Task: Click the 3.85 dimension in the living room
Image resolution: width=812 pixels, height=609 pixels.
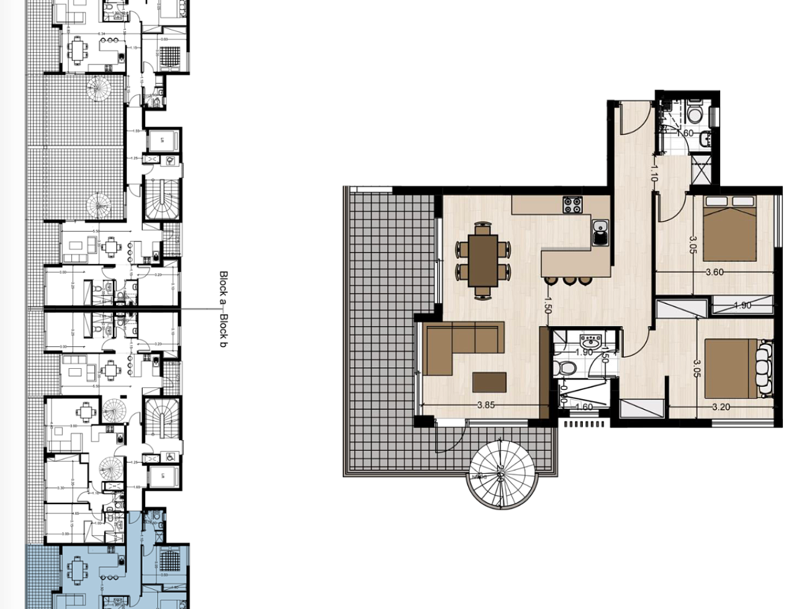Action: point(485,405)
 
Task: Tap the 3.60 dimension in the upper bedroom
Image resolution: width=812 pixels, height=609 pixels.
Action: point(715,272)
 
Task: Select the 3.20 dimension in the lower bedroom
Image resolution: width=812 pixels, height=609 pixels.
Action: point(721,407)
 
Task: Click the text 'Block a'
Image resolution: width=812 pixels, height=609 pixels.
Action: point(223,288)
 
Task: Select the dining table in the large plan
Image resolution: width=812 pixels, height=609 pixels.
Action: point(483,259)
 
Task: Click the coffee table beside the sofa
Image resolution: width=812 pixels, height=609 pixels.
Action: point(489,381)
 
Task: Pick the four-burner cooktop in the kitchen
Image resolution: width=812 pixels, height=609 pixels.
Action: point(572,204)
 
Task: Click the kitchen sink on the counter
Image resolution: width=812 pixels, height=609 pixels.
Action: point(600,233)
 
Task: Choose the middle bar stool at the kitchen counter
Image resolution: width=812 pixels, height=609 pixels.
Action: point(569,281)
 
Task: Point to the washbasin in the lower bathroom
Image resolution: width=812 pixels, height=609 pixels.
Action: point(589,342)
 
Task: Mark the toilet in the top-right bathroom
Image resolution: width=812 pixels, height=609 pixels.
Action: point(695,114)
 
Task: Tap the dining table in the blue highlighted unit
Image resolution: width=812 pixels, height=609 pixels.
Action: point(77,571)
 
